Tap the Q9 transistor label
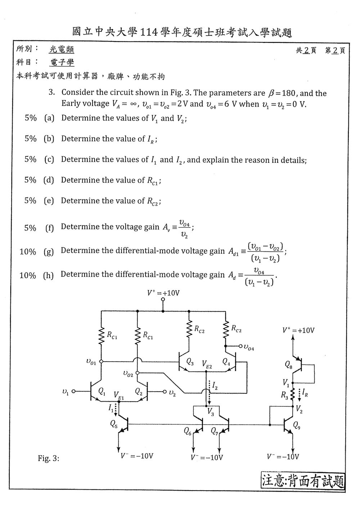point(297,425)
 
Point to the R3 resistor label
point(284,395)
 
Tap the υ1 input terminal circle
point(73,391)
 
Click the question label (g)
point(48,251)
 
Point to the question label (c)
point(49,160)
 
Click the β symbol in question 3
point(271,93)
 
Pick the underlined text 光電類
point(61,49)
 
